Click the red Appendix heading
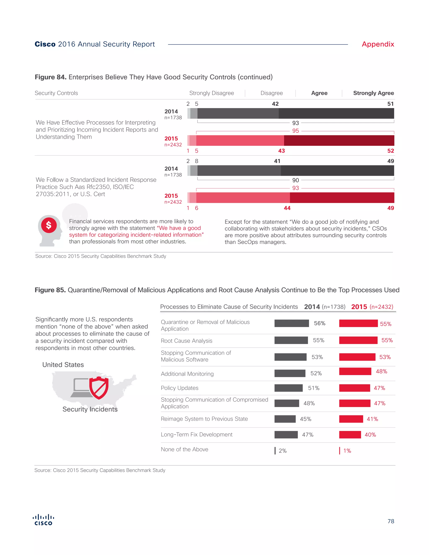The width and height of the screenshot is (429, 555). click(378, 44)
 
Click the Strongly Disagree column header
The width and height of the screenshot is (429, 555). click(211, 93)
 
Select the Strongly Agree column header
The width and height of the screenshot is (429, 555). click(373, 93)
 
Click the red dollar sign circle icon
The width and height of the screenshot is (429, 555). click(49, 225)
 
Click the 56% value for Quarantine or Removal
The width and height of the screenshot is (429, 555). click(319, 323)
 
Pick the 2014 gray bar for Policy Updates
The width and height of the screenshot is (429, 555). click(288, 388)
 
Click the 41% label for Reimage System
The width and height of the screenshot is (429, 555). click(372, 419)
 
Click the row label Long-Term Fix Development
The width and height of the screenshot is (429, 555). click(196, 435)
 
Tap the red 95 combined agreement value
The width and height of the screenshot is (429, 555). click(295, 131)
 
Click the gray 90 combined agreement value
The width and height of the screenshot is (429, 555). click(295, 180)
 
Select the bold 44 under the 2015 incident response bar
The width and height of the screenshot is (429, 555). click(287, 208)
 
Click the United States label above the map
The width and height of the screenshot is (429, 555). click(63, 365)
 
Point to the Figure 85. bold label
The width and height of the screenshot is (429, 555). click(50, 290)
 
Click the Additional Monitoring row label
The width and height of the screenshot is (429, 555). click(187, 374)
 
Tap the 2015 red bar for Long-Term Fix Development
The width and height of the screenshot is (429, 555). click(350, 435)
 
